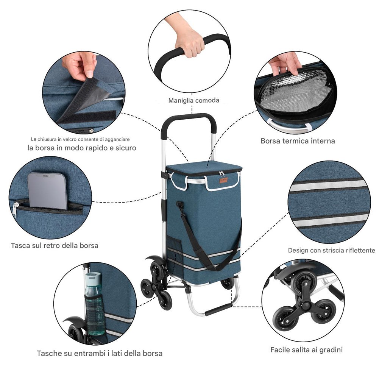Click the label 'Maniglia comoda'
pyautogui.click(x=194, y=101)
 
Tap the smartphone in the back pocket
pyautogui.click(x=47, y=191)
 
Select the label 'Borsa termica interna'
pyautogui.click(x=298, y=141)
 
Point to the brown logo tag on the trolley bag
pyautogui.click(x=224, y=180)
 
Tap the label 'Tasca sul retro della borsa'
pyautogui.click(x=55, y=246)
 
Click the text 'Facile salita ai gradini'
pyautogui.click(x=306, y=350)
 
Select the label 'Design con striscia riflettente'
pyautogui.click(x=331, y=250)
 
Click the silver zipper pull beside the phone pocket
pyautogui.click(x=15, y=209)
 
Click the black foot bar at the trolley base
pyautogui.click(x=218, y=310)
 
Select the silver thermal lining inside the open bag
pyautogui.click(x=295, y=93)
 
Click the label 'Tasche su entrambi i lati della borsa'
pyautogui.click(x=100, y=353)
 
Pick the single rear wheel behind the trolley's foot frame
pyautogui.click(x=228, y=283)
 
